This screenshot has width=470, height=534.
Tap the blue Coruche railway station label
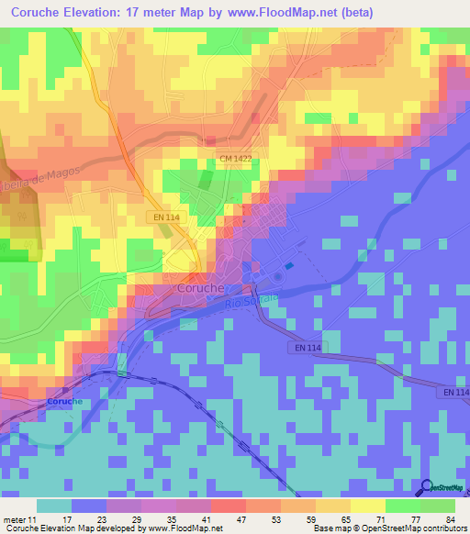(x=65, y=402)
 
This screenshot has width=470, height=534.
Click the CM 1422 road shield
(x=237, y=160)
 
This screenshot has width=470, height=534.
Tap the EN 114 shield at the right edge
(x=454, y=393)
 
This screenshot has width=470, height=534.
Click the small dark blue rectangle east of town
(x=290, y=267)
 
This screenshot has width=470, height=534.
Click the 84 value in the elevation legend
(x=450, y=519)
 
